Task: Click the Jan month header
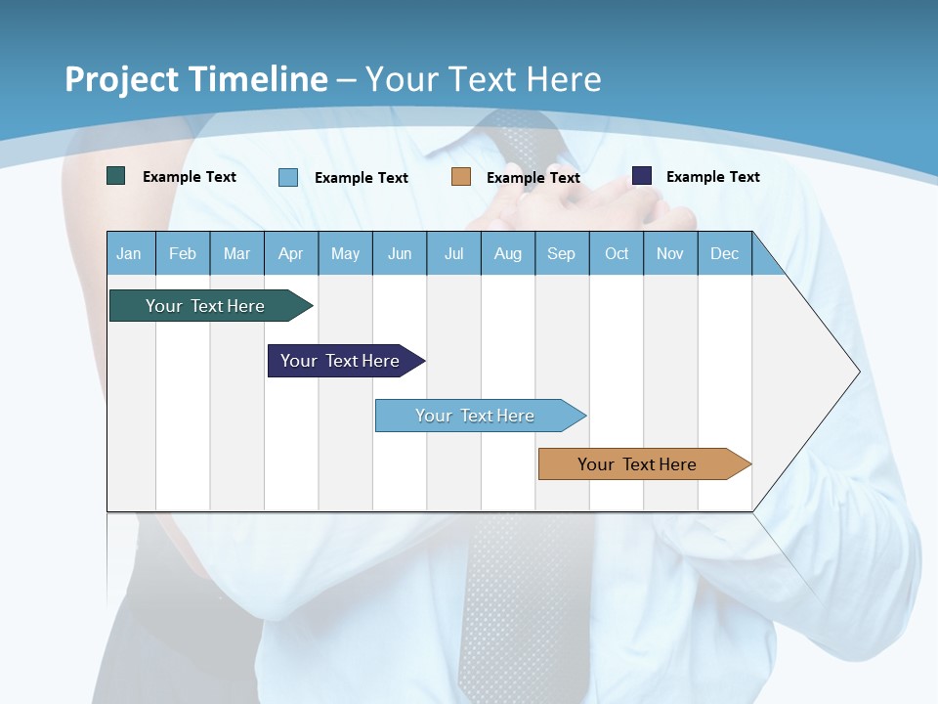click(x=130, y=253)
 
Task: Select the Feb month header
click(x=183, y=253)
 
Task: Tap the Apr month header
click(x=291, y=253)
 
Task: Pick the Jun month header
click(x=400, y=253)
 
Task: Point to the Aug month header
click(x=508, y=253)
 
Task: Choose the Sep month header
click(x=562, y=253)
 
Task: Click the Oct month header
click(x=617, y=253)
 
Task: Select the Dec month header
click(x=725, y=253)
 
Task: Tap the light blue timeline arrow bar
click(x=477, y=416)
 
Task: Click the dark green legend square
click(x=116, y=176)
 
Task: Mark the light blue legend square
click(x=288, y=177)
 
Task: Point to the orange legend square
click(x=461, y=177)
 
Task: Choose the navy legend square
click(x=642, y=176)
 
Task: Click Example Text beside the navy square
click(x=712, y=177)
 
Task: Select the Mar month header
click(x=236, y=253)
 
